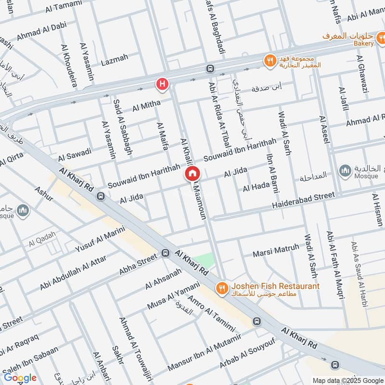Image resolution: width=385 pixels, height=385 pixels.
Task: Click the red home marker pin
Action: tap(192, 174)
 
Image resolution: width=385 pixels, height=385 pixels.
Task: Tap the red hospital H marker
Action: tap(163, 85)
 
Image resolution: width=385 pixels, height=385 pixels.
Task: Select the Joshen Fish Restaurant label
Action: tap(275, 286)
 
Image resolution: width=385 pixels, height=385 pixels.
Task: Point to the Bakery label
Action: tap(364, 43)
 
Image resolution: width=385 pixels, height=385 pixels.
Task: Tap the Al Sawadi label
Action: tap(75, 154)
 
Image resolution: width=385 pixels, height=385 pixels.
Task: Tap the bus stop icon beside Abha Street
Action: tap(166, 253)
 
